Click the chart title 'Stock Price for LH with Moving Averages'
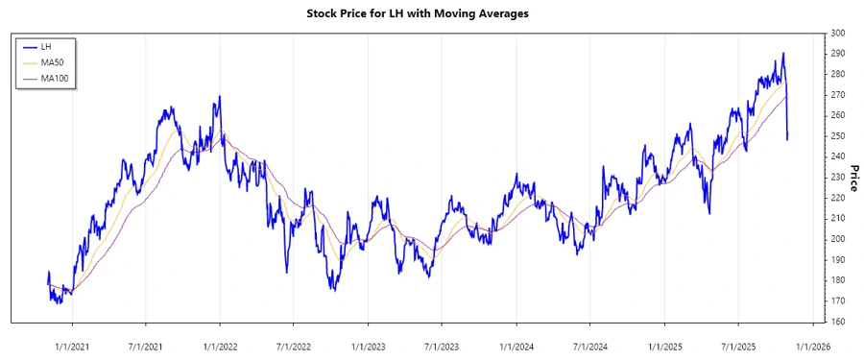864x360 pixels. coord(431,13)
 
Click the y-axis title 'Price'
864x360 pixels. coord(851,178)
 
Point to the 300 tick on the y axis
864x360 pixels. coord(837,33)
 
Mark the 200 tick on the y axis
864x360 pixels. coord(837,239)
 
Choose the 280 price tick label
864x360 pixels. coord(837,74)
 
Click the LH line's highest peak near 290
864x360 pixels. coord(783,53)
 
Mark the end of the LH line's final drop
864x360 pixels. coord(788,140)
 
